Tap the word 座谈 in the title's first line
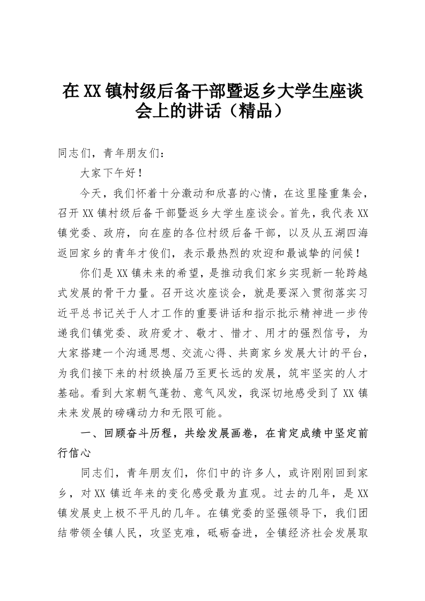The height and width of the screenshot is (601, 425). click(x=340, y=91)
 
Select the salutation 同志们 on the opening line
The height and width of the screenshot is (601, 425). click(x=74, y=154)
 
